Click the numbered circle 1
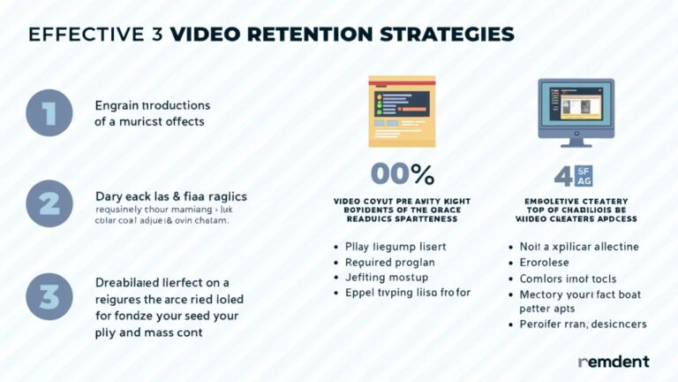pyautogui.click(x=49, y=113)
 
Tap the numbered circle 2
pyautogui.click(x=49, y=204)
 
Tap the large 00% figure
pyautogui.click(x=402, y=173)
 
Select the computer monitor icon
pyautogui.click(x=576, y=111)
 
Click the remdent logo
pyautogui.click(x=614, y=361)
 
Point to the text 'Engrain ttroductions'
pyautogui.click(x=153, y=105)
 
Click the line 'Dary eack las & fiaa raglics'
pyautogui.click(x=170, y=195)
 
